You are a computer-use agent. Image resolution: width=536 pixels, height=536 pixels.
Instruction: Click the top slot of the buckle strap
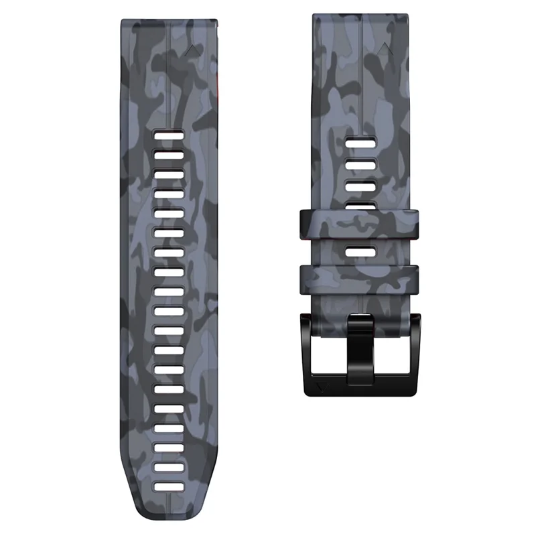(x=360, y=143)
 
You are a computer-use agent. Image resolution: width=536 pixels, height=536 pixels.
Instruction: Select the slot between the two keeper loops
(x=360, y=252)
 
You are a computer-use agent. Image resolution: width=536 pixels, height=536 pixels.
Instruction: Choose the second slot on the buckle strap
(x=360, y=164)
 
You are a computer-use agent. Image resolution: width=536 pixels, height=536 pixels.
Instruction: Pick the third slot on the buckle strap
(x=360, y=186)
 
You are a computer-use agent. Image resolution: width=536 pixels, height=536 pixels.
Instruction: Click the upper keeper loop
(x=360, y=225)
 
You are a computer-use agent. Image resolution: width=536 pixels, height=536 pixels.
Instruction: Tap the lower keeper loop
(x=360, y=276)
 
